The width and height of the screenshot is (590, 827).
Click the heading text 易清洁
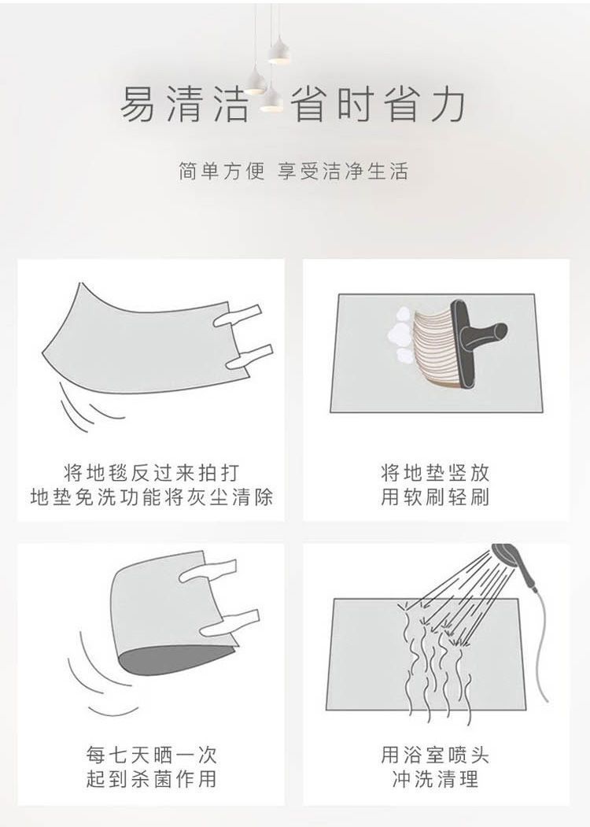point(184,105)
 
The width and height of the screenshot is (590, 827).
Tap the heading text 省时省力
point(378,105)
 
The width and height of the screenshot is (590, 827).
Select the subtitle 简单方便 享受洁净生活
point(293,172)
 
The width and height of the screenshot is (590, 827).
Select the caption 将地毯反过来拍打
point(151,473)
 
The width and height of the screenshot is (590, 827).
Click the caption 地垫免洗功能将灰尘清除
point(151,497)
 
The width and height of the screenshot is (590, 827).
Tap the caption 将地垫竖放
point(436,473)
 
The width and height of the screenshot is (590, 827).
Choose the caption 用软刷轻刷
point(436,497)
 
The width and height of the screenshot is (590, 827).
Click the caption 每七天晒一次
point(151,755)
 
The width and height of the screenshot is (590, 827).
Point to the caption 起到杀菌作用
point(151,779)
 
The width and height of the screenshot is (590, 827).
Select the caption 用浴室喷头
point(436,755)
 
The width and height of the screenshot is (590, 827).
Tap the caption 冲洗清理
point(436,779)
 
